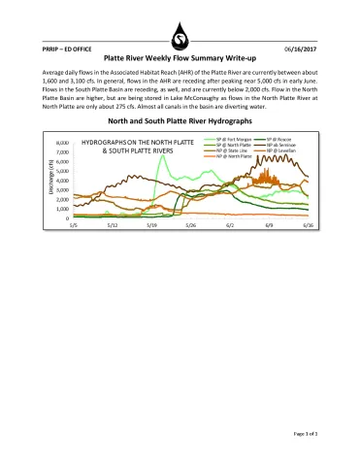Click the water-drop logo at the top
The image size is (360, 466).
(x=180, y=38)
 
